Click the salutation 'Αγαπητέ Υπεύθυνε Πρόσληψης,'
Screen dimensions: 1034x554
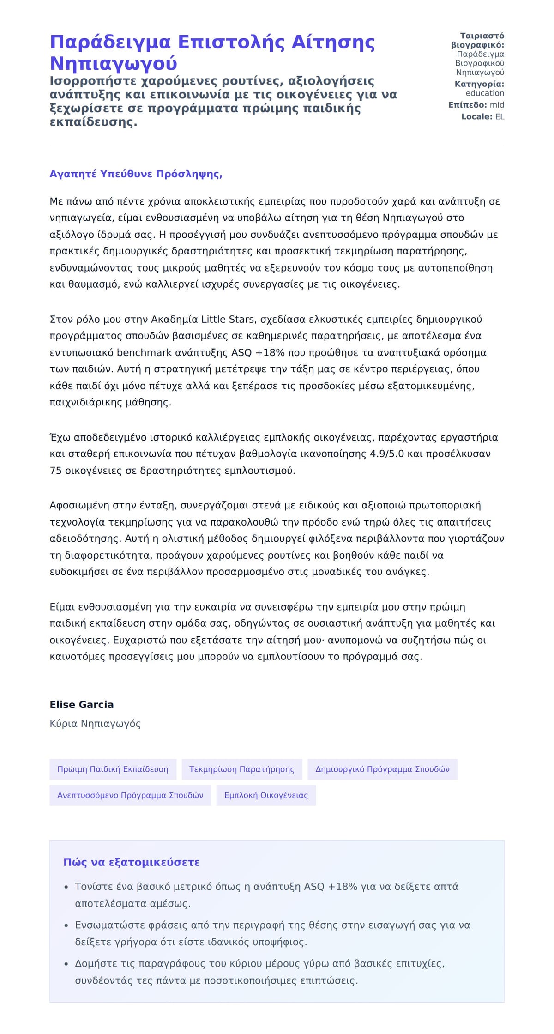click(136, 174)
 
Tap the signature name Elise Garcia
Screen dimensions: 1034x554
click(81, 704)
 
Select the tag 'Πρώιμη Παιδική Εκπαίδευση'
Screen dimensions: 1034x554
click(113, 769)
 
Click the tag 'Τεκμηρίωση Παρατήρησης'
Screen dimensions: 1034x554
click(241, 769)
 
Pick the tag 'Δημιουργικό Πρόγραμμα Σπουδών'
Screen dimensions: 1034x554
click(382, 769)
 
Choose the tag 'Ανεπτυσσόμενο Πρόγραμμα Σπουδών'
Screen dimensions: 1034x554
click(130, 795)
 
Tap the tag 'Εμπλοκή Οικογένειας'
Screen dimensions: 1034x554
click(266, 795)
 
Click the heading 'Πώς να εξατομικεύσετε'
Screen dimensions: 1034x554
click(132, 862)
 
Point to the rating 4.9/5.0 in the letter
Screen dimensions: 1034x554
click(387, 454)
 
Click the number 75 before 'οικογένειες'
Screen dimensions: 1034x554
click(56, 471)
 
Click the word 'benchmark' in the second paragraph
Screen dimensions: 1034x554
click(138, 353)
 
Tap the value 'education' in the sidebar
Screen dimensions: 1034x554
click(485, 93)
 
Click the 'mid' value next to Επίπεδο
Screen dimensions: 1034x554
click(497, 105)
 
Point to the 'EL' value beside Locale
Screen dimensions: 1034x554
click(500, 117)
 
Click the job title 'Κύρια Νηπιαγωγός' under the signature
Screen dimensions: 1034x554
click(95, 724)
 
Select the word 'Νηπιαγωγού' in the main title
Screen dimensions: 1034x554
click(113, 63)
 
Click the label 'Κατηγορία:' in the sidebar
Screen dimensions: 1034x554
click(479, 84)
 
